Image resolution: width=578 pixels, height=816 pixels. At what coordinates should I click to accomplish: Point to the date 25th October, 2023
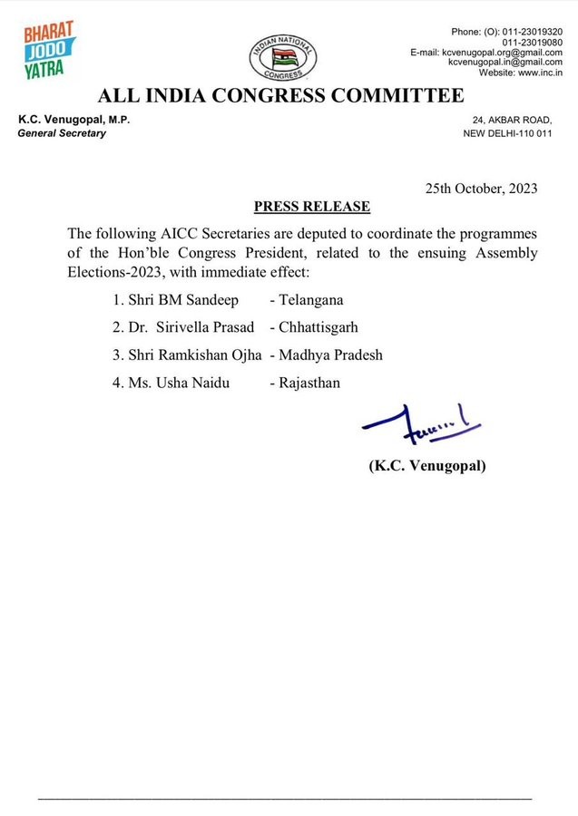[x=481, y=189]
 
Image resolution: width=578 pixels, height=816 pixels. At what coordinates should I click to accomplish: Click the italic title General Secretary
[x=62, y=133]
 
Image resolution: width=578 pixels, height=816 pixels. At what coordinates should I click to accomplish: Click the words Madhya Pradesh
[x=331, y=355]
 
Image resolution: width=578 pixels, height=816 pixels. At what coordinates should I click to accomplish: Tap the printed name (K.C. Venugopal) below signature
[x=427, y=466]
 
